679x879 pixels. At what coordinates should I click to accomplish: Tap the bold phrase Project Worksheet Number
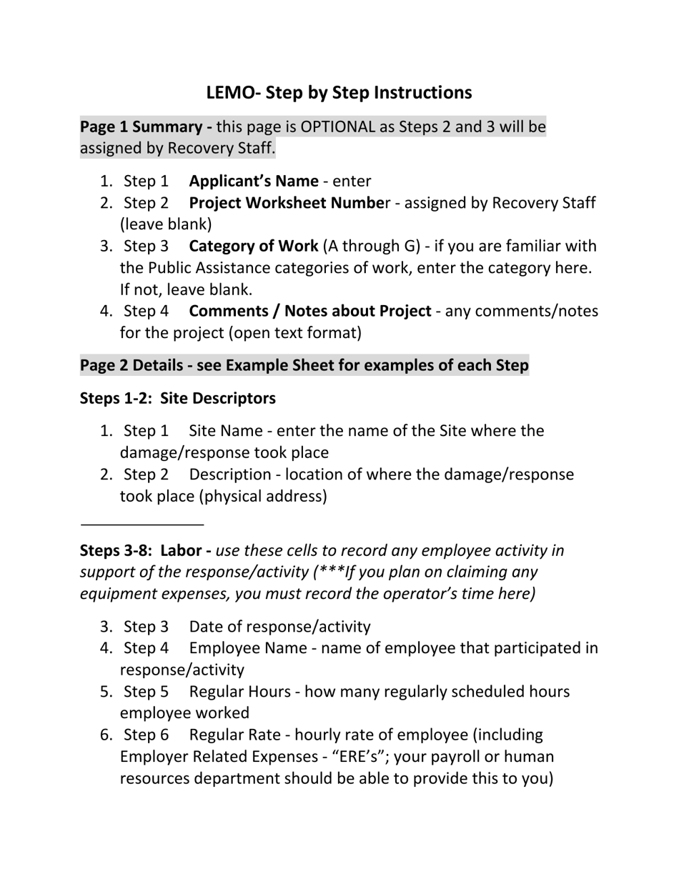coord(289,203)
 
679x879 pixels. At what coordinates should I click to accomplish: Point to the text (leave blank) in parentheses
coord(166,224)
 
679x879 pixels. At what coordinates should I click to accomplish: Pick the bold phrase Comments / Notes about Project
coord(309,311)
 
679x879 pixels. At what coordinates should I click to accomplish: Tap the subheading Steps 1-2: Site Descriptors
coord(177,398)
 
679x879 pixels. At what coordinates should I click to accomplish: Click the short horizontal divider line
coord(142,525)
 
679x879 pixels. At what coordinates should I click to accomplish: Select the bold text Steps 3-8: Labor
coord(145,550)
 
